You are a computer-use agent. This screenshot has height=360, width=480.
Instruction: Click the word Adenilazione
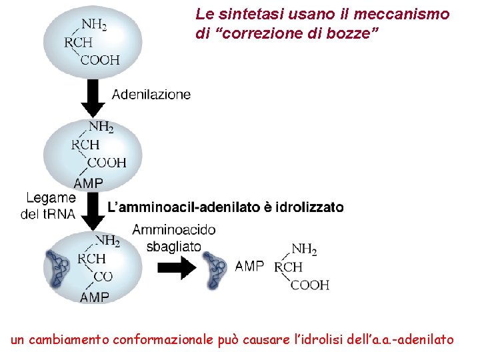pyautogui.click(x=151, y=95)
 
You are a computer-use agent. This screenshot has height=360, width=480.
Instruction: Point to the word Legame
pyautogui.click(x=51, y=198)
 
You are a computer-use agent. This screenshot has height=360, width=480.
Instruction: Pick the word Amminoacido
pyautogui.click(x=174, y=230)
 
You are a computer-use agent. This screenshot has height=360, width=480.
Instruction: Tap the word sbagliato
pyautogui.click(x=173, y=246)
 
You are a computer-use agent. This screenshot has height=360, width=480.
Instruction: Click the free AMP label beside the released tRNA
pyautogui.click(x=249, y=266)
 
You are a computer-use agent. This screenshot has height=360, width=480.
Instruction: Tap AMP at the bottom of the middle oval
pyautogui.click(x=88, y=183)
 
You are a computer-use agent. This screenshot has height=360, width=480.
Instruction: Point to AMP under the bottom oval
pyautogui.click(x=95, y=297)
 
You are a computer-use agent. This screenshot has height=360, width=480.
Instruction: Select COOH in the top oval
pyautogui.click(x=100, y=59)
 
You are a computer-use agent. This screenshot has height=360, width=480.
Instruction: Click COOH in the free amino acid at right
pyautogui.click(x=309, y=285)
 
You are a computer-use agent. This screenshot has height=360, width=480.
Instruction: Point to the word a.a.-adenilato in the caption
pyautogui.click(x=414, y=340)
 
